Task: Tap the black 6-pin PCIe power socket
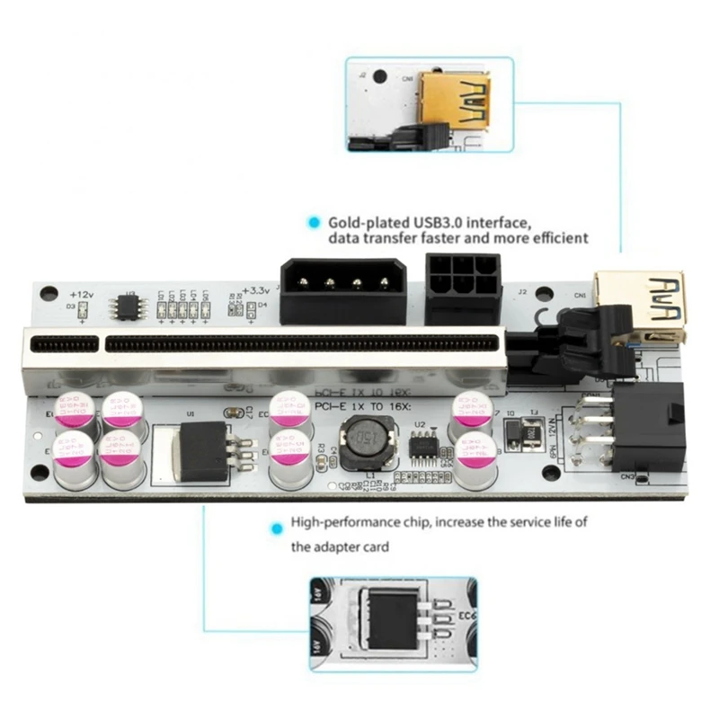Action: pyautogui.click(x=462, y=288)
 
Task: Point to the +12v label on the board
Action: pyautogui.click(x=82, y=293)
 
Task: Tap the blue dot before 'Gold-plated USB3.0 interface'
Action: pyautogui.click(x=314, y=221)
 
